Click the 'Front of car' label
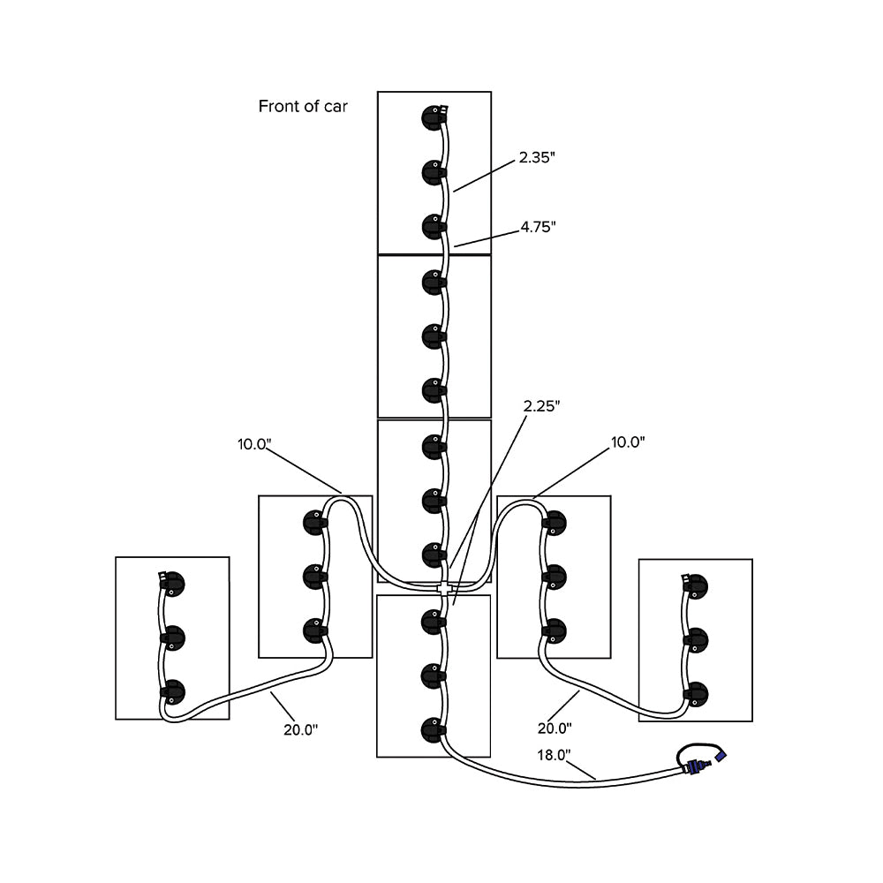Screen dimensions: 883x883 (303, 107)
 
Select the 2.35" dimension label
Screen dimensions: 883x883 (537, 157)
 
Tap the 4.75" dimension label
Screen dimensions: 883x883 (537, 227)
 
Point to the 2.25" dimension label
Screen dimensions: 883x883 (541, 405)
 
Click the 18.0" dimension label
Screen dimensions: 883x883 (555, 755)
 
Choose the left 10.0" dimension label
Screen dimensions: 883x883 (253, 443)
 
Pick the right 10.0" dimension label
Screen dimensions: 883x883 (628, 442)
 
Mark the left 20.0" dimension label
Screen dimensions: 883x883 (301, 728)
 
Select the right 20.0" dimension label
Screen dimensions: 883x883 (555, 728)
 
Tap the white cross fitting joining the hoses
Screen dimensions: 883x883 (444, 586)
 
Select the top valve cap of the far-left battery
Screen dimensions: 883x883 (172, 583)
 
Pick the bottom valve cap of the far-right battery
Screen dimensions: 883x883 (698, 693)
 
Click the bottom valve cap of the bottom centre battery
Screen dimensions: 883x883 (433, 729)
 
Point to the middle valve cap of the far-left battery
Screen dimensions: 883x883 (172, 637)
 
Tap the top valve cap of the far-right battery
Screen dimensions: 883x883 (698, 585)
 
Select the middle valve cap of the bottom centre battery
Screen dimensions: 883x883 (433, 675)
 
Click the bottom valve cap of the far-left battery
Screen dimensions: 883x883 (172, 691)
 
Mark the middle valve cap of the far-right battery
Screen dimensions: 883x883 (698, 639)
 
